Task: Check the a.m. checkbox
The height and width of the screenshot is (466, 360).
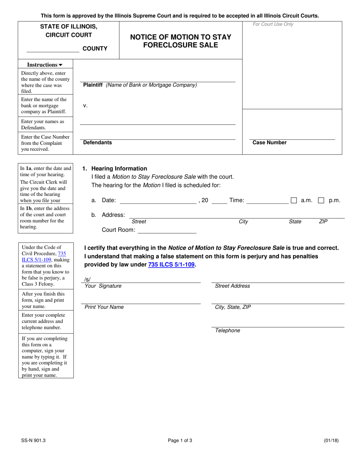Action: pos(294,201)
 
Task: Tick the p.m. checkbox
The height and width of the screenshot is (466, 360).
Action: pos(321,201)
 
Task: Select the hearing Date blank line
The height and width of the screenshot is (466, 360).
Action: pos(158,200)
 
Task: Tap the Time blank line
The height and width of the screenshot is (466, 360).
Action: pos(268,200)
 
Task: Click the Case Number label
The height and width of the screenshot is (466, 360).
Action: pos(269,142)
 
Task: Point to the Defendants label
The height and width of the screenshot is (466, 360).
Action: pos(97,142)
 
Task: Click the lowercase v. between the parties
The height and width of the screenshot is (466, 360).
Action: pos(85,106)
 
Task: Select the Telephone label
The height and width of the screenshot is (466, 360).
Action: pos(227,330)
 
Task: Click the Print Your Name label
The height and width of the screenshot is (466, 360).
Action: pos(104,307)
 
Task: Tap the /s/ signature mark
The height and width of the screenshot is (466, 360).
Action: pos(88,280)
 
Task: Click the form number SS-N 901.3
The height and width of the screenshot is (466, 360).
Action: pos(33,440)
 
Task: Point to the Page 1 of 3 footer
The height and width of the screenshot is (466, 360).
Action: pos(180,440)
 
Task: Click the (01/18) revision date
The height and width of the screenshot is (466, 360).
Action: pos(331,440)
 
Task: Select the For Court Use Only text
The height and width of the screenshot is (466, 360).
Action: pos(273,24)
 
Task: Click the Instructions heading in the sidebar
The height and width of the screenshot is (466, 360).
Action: pos(45,65)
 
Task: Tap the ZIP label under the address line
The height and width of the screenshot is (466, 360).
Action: pos(323,222)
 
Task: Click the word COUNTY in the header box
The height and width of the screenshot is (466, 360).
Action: pos(95,48)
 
